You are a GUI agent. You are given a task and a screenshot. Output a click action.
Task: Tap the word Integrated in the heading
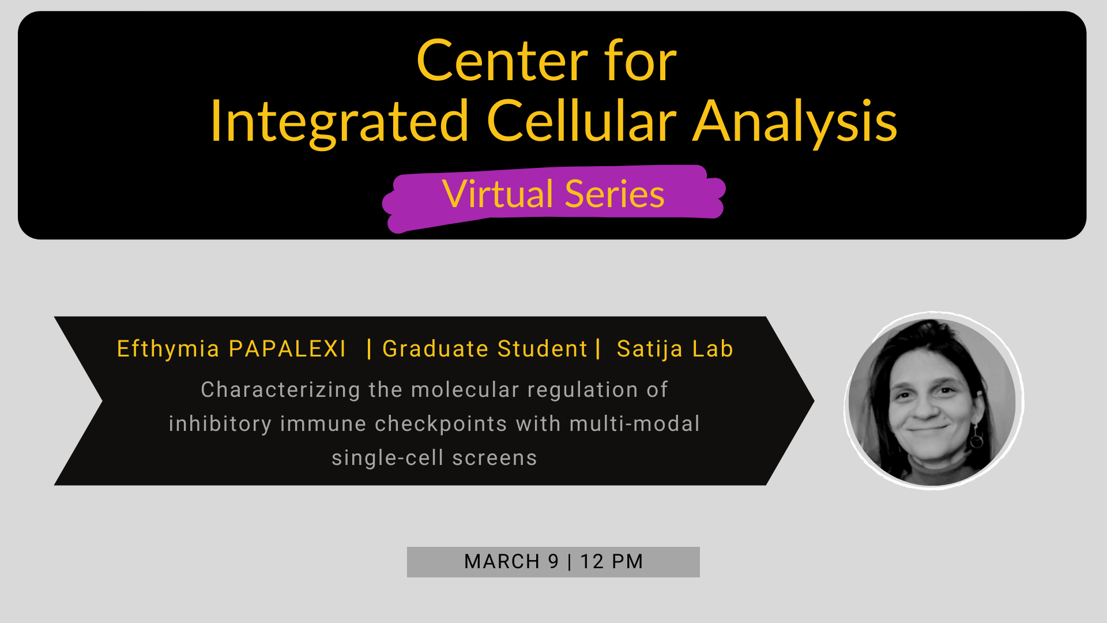[339, 121]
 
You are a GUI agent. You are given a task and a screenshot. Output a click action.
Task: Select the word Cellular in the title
[581, 121]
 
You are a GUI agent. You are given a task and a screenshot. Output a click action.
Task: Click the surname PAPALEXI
[287, 349]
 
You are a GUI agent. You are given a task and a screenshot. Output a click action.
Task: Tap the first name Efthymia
[168, 349]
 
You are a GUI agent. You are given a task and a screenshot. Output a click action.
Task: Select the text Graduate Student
[485, 349]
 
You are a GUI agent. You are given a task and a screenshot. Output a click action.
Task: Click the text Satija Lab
[675, 349]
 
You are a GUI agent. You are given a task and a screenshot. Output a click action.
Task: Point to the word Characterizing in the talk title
[280, 390]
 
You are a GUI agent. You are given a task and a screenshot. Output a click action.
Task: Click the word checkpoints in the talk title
[441, 424]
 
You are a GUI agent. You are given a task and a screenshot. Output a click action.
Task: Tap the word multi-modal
[634, 424]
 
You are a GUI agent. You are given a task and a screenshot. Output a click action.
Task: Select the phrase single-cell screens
[434, 458]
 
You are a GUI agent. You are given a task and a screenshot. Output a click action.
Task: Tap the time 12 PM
[612, 562]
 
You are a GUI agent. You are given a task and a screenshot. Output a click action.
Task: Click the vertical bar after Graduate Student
[598, 348]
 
